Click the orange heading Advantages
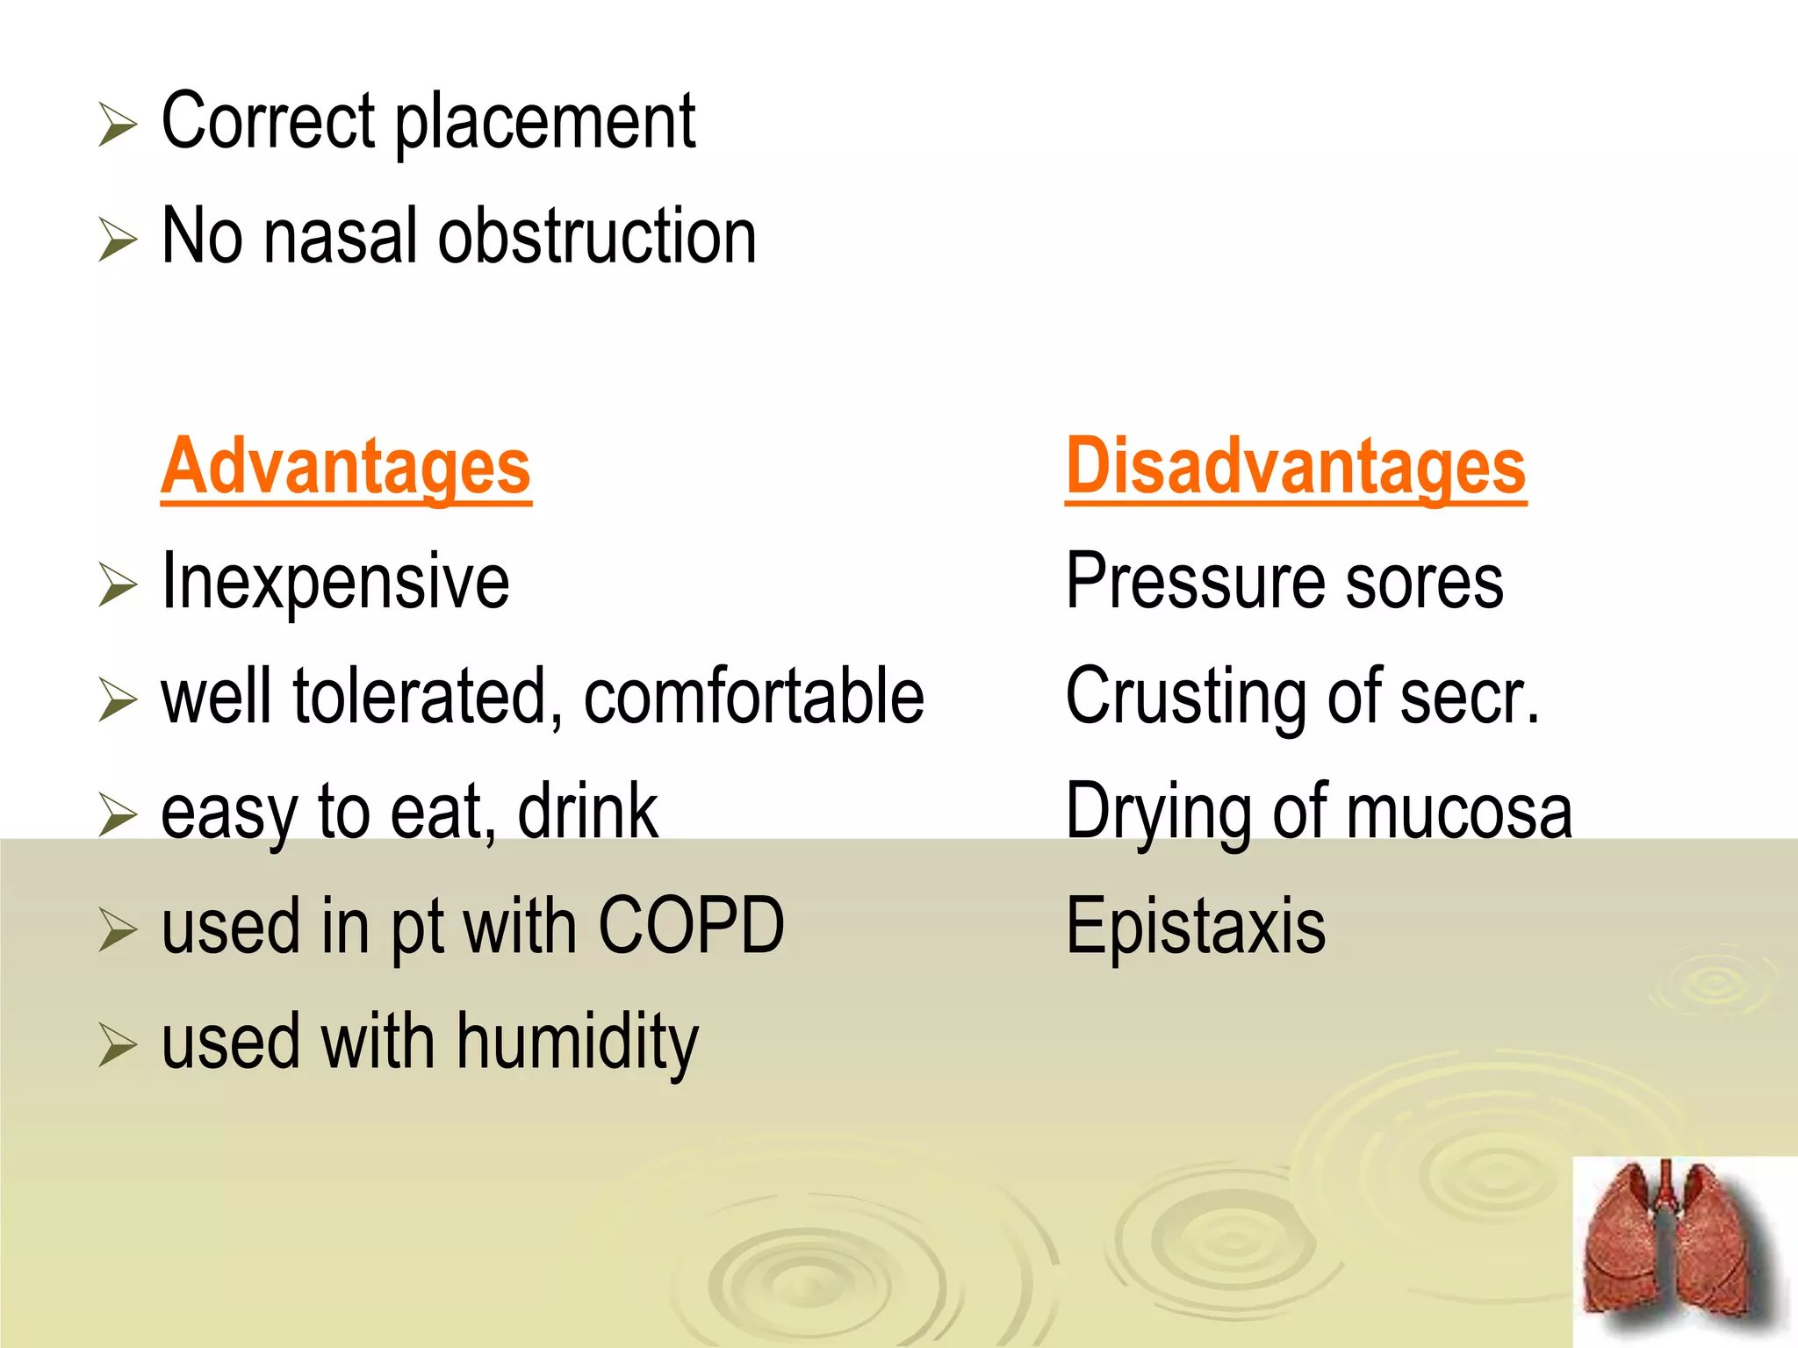point(346,467)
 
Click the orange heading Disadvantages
point(1295,467)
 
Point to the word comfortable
point(753,697)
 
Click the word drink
point(587,812)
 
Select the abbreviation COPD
point(691,926)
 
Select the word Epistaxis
point(1195,927)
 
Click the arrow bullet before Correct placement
point(118,125)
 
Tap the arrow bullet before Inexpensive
point(118,584)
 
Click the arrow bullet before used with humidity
point(118,1045)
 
